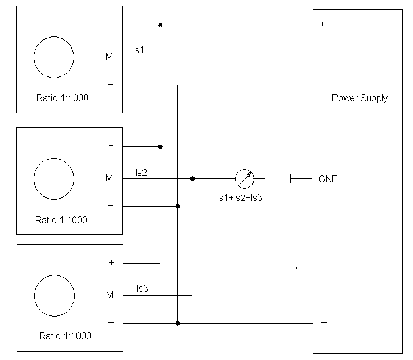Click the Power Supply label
(359, 98)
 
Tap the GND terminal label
(328, 179)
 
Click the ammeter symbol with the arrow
(244, 178)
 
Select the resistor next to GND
(277, 178)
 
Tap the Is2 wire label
(141, 172)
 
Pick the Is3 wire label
(143, 288)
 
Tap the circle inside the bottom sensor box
(54, 295)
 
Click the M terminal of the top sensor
(109, 57)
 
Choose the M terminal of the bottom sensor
(109, 295)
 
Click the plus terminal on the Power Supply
(322, 24)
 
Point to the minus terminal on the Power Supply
(323, 322)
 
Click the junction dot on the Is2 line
(192, 178)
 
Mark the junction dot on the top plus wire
(160, 25)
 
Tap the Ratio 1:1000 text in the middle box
(61, 220)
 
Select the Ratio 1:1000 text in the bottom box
(65, 336)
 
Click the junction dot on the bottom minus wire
(177, 323)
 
